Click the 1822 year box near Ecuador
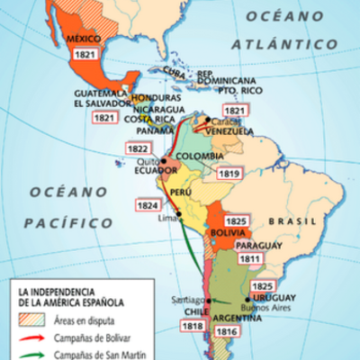click(x=139, y=149)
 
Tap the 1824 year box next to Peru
click(x=144, y=205)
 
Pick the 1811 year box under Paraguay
click(x=249, y=259)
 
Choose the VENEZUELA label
click(x=229, y=131)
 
